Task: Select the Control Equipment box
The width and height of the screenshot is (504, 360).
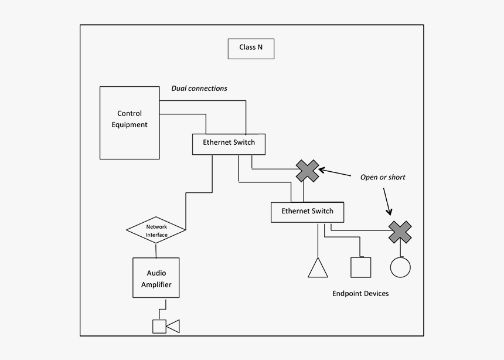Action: (129, 123)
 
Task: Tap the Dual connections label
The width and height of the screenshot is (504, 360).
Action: (199, 89)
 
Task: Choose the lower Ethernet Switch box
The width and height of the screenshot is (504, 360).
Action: (307, 212)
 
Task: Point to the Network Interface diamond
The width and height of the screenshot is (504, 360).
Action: (156, 231)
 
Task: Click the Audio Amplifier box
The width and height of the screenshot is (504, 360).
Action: (156, 279)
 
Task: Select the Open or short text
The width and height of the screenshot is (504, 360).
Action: (382, 177)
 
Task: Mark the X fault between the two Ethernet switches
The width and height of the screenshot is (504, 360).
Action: (307, 171)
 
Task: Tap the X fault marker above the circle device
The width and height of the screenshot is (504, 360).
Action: (400, 232)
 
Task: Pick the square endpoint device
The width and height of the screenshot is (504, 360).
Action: (360, 267)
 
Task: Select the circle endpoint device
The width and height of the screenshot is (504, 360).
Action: (400, 267)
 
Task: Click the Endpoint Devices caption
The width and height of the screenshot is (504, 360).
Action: (360, 293)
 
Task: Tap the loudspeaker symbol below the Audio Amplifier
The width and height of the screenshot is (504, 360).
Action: (165, 326)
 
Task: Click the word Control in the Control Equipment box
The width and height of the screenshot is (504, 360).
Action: (130, 114)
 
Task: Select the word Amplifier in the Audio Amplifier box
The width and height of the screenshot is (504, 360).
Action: (156, 284)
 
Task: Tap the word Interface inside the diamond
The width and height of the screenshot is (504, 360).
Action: (156, 235)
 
